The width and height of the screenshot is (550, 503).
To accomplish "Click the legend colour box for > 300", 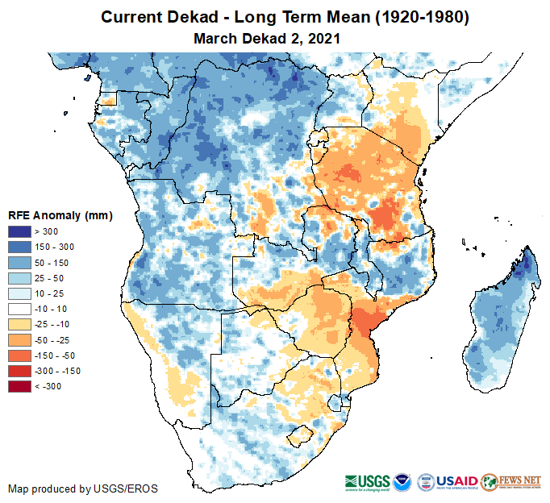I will [x=20, y=232].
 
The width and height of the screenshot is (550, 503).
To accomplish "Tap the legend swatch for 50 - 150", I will [x=20, y=263].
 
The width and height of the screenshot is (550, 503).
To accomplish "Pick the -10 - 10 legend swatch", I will [x=20, y=309].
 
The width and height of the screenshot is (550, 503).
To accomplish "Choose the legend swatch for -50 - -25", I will [x=20, y=339].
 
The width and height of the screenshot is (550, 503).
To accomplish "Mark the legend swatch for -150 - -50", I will [x=20, y=355].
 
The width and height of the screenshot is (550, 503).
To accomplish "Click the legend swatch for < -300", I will [x=20, y=386].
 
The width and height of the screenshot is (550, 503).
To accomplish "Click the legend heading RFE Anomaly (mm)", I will [x=60, y=215].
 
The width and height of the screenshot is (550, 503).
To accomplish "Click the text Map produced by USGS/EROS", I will [x=83, y=488].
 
